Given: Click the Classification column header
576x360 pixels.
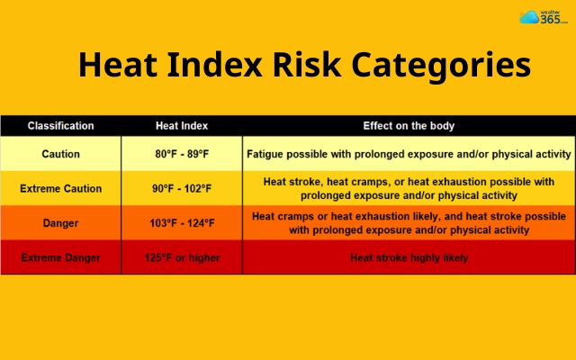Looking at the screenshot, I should [x=60, y=125].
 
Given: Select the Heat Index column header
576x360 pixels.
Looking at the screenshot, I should [x=183, y=125].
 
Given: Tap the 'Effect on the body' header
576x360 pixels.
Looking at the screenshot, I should [x=409, y=125].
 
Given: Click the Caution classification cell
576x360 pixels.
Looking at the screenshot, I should [x=60, y=154].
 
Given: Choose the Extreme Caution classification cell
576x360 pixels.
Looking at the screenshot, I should [x=60, y=188].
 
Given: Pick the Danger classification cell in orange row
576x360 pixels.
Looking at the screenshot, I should [x=60, y=223].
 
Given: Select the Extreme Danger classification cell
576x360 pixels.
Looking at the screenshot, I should [x=60, y=257].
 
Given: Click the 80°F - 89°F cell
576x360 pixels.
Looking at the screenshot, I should [x=183, y=154].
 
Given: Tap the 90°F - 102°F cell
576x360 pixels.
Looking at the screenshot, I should [x=183, y=188].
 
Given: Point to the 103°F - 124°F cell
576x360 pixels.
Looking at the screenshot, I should [x=183, y=223].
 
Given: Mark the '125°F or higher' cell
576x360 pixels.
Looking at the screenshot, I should [x=183, y=257].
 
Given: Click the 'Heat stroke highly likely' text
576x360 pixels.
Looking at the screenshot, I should [x=409, y=257].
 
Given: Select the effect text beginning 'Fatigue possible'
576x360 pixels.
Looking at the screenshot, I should [x=409, y=154].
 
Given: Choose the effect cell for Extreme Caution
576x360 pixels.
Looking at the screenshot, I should [x=409, y=188].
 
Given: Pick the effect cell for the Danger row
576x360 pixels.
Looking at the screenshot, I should [x=409, y=223].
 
